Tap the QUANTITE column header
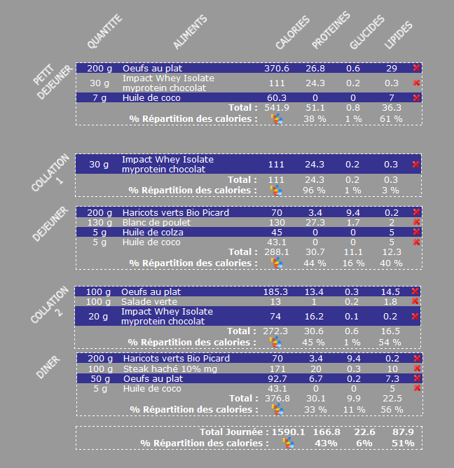[x=104, y=32]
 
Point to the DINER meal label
[x=48, y=369]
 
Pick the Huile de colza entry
[x=150, y=233]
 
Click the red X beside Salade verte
[x=416, y=301]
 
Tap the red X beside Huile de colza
[x=416, y=233]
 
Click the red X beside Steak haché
[x=416, y=369]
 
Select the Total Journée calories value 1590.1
[x=289, y=432]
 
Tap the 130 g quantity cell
[x=99, y=222]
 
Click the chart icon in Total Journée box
[x=288, y=443]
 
